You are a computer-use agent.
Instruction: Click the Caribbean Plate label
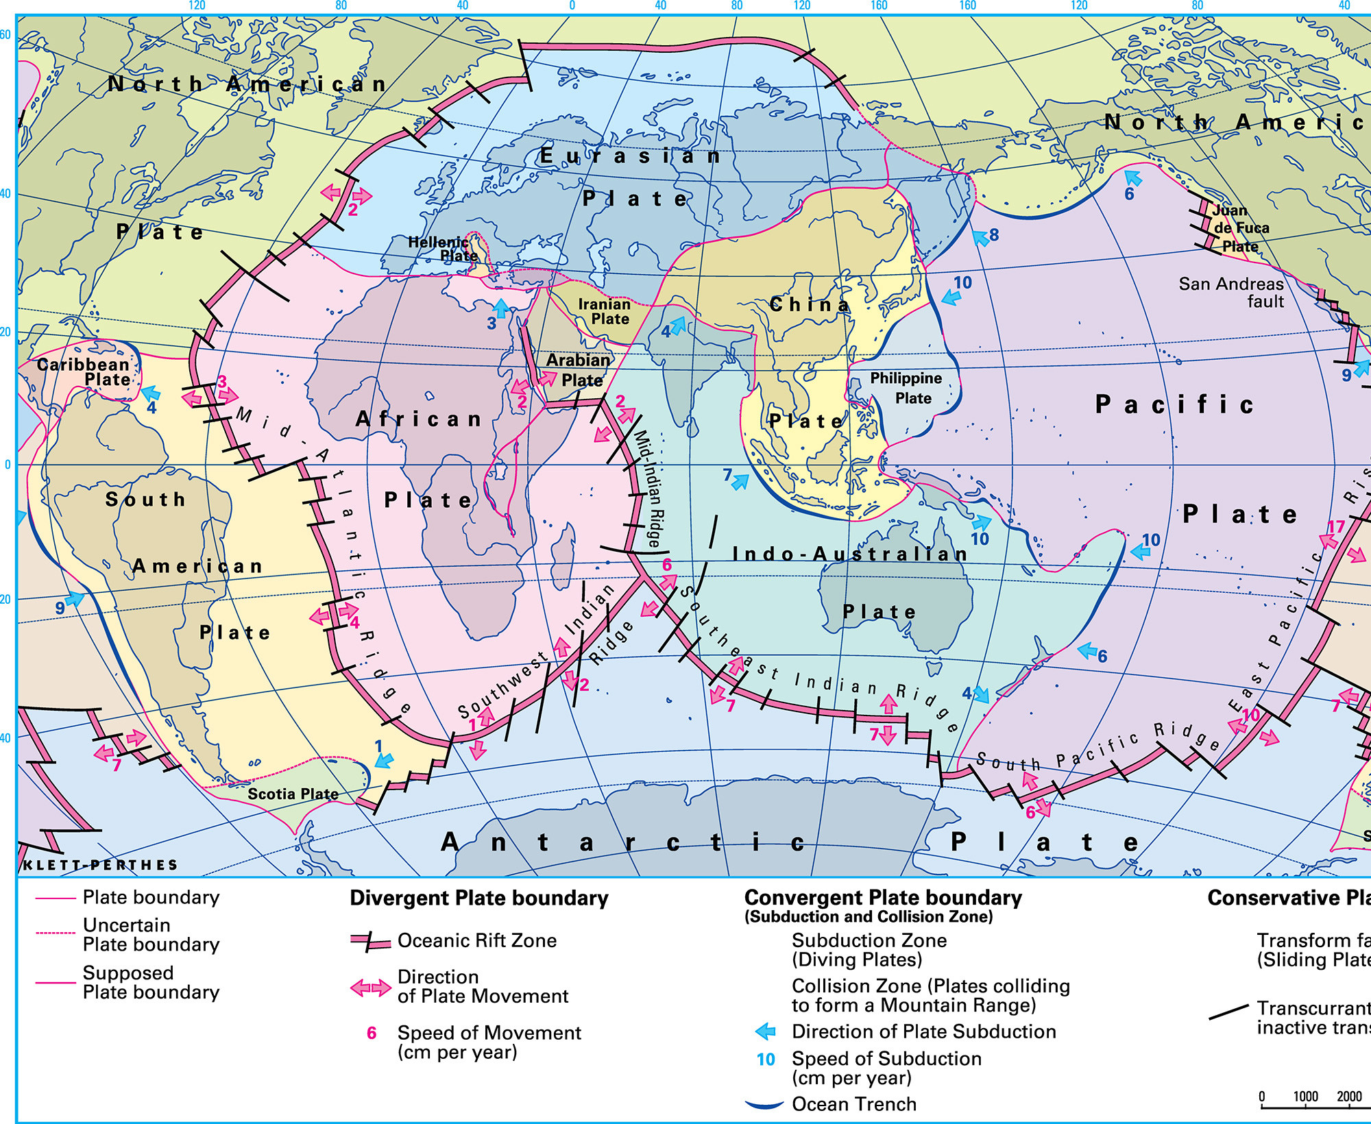(x=84, y=372)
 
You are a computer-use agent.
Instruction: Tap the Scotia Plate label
(x=293, y=794)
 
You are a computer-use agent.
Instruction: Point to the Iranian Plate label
(x=605, y=311)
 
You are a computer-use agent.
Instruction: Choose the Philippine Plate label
(x=906, y=388)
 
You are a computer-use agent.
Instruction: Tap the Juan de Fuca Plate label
(x=1239, y=228)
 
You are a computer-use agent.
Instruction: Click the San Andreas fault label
(x=1231, y=293)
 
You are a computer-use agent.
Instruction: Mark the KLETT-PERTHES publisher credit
(x=101, y=865)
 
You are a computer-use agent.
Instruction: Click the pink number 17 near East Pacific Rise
(x=1336, y=526)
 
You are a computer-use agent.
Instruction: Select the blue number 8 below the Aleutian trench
(x=994, y=235)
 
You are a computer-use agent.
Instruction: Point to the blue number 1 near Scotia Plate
(x=378, y=746)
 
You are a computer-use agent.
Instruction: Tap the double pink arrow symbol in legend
(x=370, y=988)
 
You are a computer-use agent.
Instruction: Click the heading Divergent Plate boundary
(x=479, y=899)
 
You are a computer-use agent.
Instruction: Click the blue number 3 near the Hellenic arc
(x=492, y=323)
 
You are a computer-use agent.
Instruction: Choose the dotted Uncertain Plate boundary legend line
(x=55, y=933)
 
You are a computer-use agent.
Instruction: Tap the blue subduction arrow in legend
(x=765, y=1031)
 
